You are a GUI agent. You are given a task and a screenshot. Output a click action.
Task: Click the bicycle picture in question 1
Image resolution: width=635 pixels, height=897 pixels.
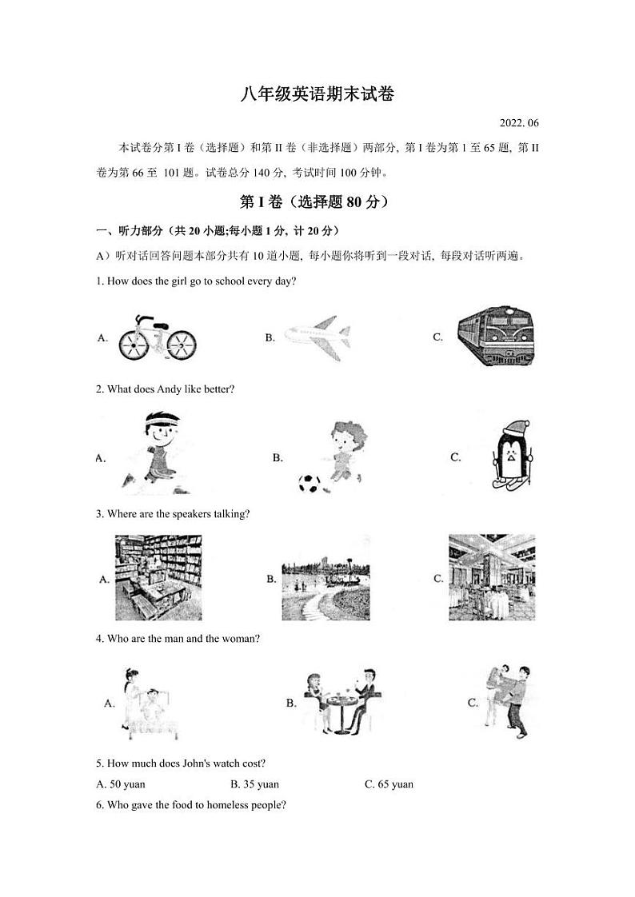[x=158, y=337]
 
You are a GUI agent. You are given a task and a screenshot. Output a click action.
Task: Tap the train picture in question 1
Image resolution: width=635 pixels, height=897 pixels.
[x=495, y=337]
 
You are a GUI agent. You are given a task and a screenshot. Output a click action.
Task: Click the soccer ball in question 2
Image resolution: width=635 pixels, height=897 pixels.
[x=309, y=483]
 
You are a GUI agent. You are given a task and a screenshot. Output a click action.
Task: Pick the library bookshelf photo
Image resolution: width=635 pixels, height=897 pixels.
[x=158, y=577]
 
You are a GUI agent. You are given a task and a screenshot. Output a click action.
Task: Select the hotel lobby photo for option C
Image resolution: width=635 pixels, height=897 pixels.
[x=492, y=577]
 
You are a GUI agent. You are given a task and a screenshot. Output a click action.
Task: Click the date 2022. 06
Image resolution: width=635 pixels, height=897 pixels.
[x=519, y=123]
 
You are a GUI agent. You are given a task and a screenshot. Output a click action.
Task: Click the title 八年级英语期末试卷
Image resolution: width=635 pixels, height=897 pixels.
[x=317, y=94]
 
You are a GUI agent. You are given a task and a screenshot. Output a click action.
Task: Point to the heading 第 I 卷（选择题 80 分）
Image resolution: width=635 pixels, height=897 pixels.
[x=317, y=203]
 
